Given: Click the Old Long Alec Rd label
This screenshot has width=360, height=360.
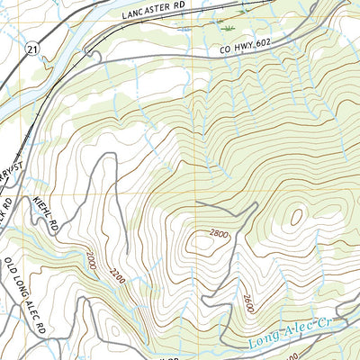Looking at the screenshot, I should pos(26,297).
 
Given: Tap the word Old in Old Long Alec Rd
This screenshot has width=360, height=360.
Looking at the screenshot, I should pos(12,268).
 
